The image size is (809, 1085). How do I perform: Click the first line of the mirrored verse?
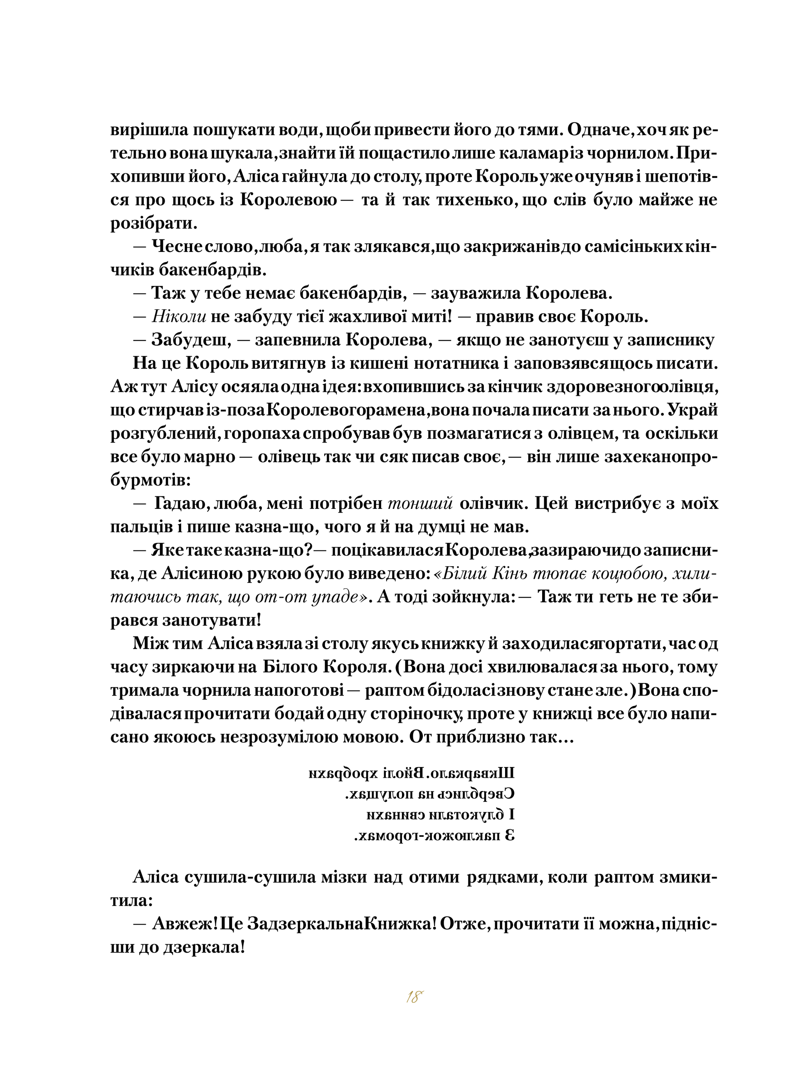tap(411, 774)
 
